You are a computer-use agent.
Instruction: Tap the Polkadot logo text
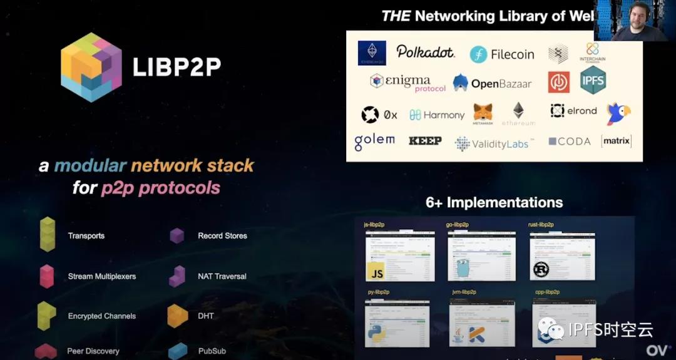pyautogui.click(x=426, y=52)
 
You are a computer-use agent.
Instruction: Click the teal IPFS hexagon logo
pyautogui.click(x=593, y=81)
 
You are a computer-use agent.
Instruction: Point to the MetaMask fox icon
pyautogui.click(x=483, y=112)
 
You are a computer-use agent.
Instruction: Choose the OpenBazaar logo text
pyautogui.click(x=493, y=83)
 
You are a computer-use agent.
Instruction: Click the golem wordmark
pyautogui.click(x=374, y=141)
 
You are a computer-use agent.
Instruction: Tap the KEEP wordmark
pyautogui.click(x=425, y=141)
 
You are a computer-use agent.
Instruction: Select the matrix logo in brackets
pyautogui.click(x=616, y=141)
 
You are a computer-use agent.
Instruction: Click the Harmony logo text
pyautogui.click(x=437, y=115)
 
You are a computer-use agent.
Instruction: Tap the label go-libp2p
pyautogui.click(x=458, y=224)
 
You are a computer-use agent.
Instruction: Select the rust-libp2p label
pyautogui.click(x=541, y=224)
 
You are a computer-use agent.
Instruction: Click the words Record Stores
pyautogui.click(x=222, y=236)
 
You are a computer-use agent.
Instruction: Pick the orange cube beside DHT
pyautogui.click(x=178, y=316)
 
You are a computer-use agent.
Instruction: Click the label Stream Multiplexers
pyautogui.click(x=102, y=276)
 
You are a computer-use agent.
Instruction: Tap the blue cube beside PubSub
pyautogui.click(x=178, y=351)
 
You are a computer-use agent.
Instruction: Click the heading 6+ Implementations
pyautogui.click(x=494, y=202)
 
